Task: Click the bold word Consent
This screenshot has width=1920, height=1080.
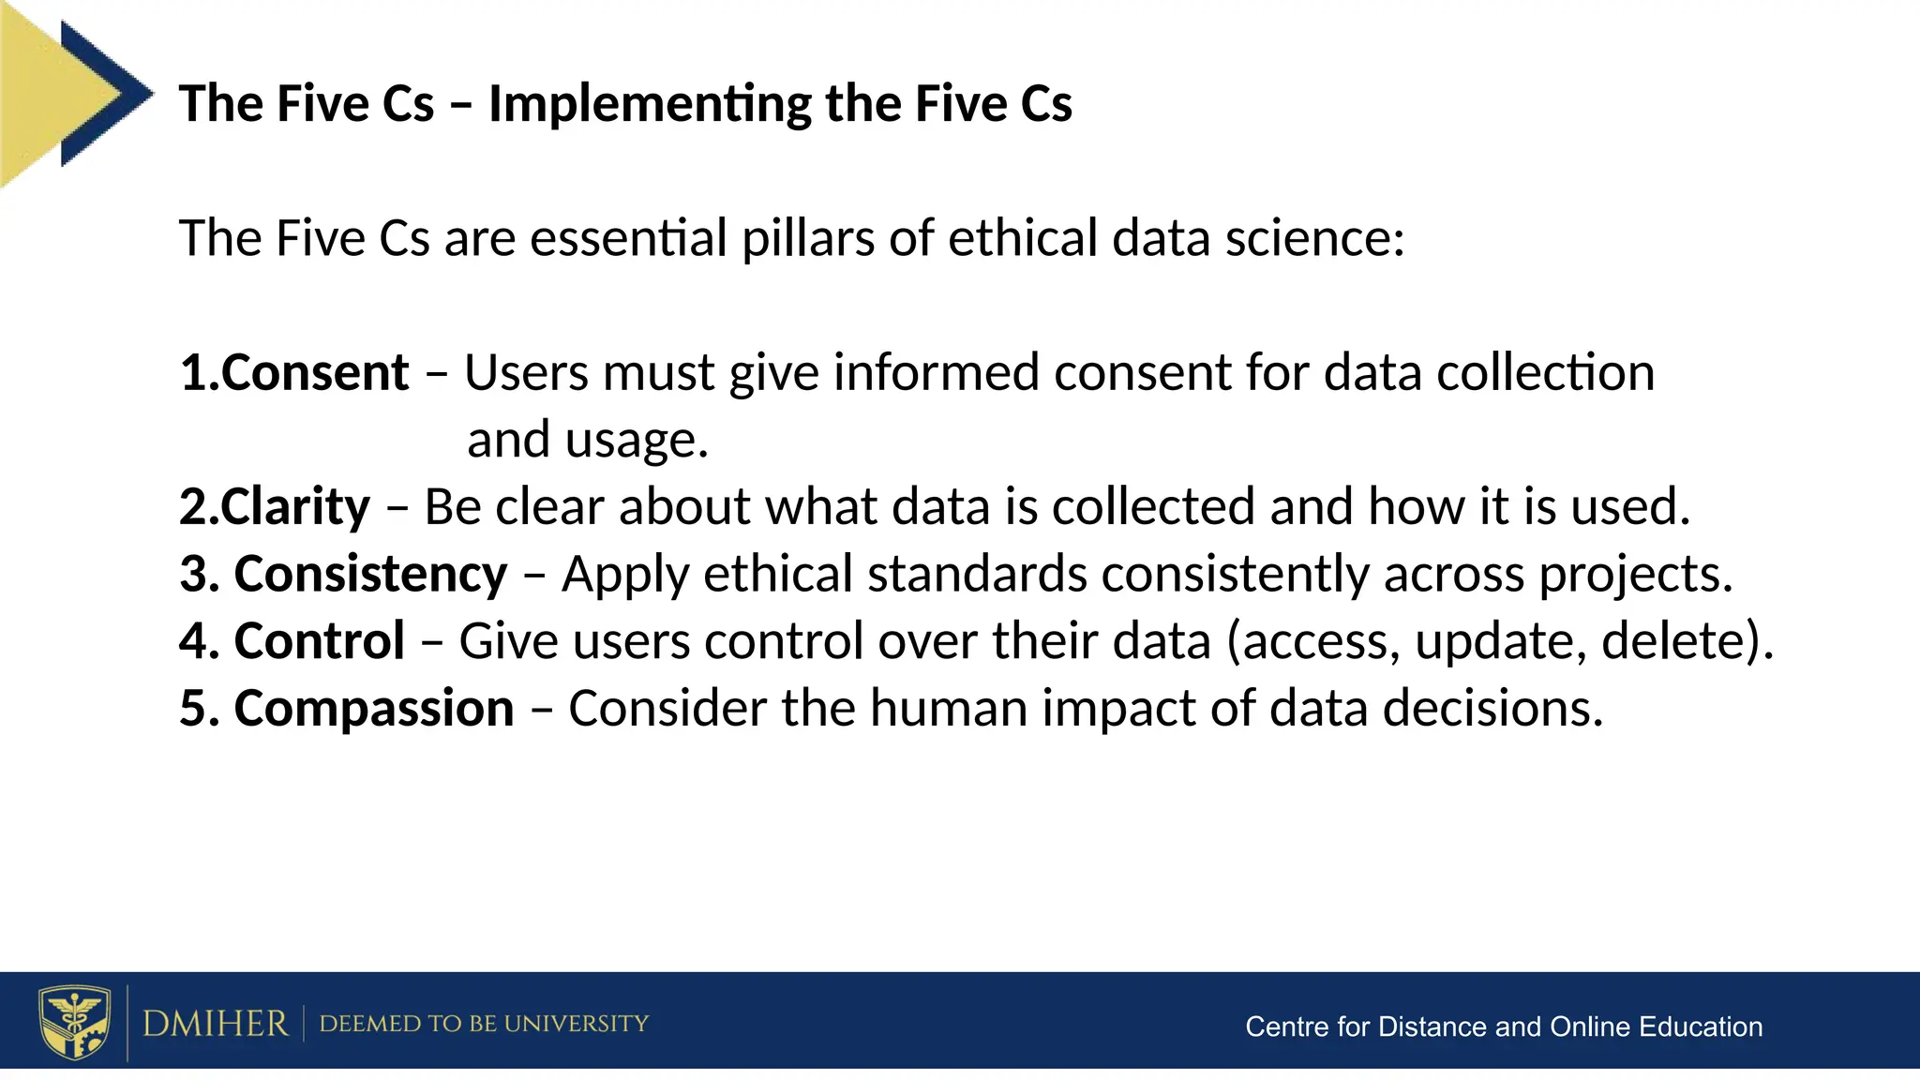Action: point(315,373)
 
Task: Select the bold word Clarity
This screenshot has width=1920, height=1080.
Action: point(295,507)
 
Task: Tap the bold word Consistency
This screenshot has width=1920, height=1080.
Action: point(370,574)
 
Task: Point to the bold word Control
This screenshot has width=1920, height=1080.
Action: point(319,641)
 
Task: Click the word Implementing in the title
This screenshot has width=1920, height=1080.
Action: point(649,104)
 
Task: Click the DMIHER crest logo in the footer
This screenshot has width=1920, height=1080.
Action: point(74,1022)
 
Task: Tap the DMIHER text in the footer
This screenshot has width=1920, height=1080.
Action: point(215,1023)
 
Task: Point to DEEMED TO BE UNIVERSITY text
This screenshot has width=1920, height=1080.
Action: point(484,1023)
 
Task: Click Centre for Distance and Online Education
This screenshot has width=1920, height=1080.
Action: point(1503,1027)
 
